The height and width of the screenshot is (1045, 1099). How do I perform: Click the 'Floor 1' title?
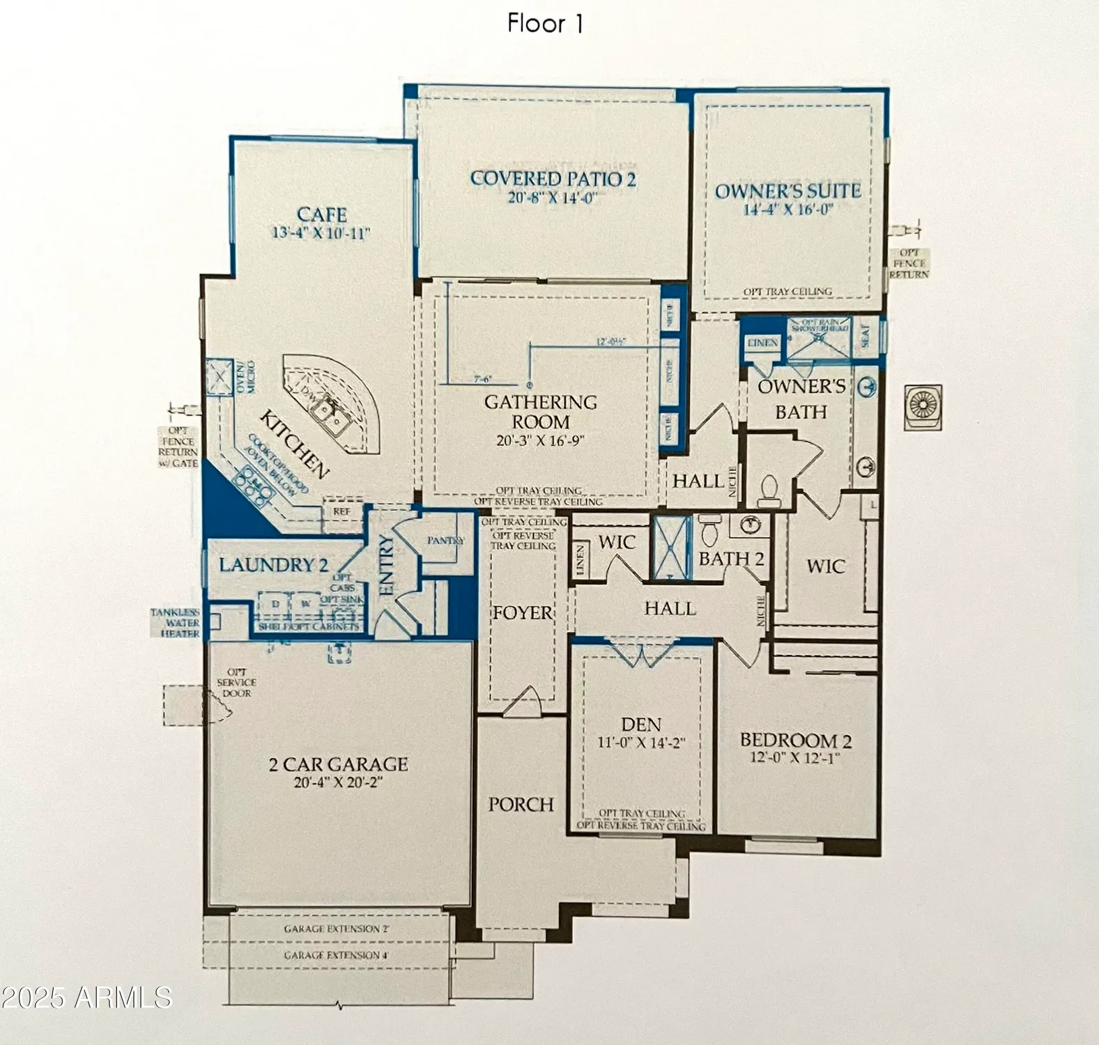545,24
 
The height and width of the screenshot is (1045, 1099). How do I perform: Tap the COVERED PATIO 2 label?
553,179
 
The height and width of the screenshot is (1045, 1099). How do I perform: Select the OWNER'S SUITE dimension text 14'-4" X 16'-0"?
787,210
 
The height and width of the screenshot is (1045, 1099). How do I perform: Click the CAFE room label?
321,215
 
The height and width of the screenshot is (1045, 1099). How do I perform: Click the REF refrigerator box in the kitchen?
341,511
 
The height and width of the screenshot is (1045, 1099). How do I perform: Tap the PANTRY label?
446,540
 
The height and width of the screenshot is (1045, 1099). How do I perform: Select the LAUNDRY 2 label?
274,565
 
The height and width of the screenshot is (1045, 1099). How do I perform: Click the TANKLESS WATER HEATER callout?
176,623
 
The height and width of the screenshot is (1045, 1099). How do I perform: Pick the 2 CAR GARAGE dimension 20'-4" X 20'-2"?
338,782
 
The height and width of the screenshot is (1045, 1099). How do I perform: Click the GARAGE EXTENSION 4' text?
336,955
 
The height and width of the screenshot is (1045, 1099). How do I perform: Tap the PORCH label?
521,805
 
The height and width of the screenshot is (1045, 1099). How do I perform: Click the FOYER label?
522,613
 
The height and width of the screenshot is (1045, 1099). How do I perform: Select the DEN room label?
640,725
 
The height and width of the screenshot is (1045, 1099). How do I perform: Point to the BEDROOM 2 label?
795,740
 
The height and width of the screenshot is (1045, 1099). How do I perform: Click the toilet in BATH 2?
709,531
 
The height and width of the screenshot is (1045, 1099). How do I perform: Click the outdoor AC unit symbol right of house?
924,407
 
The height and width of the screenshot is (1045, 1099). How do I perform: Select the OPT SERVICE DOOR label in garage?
236,683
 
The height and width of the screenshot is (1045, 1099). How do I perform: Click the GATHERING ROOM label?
540,412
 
